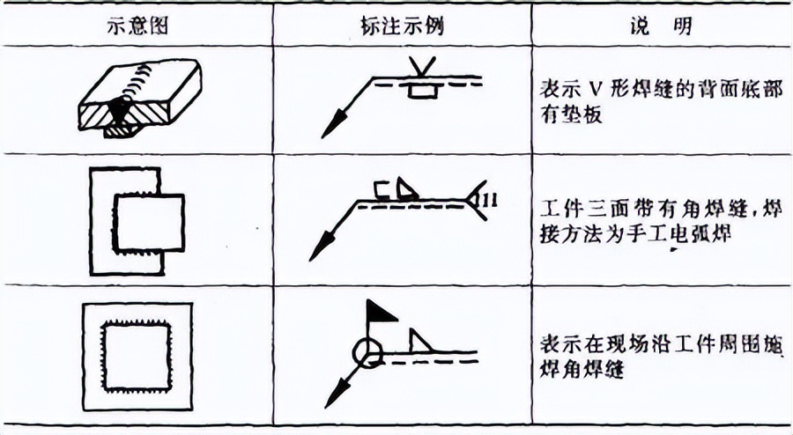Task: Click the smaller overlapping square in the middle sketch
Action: (x=148, y=223)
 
